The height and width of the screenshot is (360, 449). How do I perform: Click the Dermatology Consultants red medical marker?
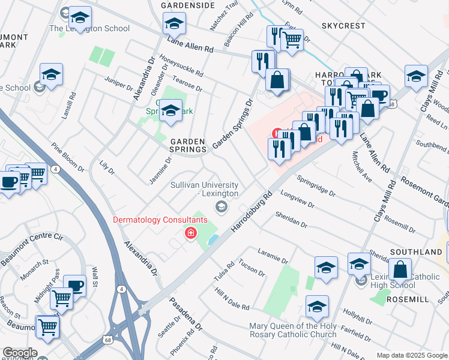(191, 233)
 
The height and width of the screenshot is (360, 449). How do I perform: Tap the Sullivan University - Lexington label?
(205, 190)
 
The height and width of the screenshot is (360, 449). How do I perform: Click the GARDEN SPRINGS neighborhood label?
(188, 146)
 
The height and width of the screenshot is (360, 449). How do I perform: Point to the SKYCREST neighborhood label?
(343, 26)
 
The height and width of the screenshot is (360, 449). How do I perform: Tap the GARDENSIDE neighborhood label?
(188, 5)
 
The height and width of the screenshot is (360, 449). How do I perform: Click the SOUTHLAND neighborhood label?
(416, 252)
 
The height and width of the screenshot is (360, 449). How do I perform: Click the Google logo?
(19, 353)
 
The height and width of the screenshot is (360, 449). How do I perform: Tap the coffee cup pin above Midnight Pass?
(74, 286)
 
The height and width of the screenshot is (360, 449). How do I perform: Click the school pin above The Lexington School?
(79, 17)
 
